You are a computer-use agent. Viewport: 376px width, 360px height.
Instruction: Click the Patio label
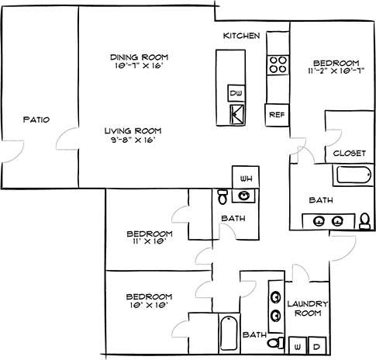pos(36,119)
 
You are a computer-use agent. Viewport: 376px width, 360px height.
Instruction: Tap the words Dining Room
pos(139,57)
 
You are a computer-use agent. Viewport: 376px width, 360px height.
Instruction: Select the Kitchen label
pos(241,36)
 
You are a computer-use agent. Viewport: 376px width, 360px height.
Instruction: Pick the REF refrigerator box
pos(276,113)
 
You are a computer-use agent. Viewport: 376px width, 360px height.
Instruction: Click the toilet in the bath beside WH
pos(222,195)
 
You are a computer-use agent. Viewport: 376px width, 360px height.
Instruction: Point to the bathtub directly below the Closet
pos(354,176)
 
